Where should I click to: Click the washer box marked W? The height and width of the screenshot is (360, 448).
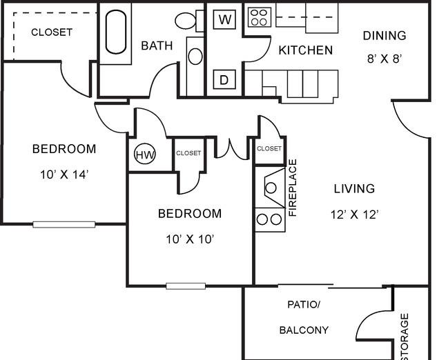coord(224,19)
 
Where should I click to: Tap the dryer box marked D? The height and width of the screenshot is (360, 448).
coord(224,79)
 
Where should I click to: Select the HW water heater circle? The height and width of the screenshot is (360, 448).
coord(145,154)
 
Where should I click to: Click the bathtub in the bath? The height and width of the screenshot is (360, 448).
coord(116,32)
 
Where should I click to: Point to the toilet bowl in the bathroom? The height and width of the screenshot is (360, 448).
coord(185,21)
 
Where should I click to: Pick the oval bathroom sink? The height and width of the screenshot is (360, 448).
coord(195,57)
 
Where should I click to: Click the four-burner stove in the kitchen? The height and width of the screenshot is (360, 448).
coord(260,17)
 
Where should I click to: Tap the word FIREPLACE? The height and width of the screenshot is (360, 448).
coord(293,188)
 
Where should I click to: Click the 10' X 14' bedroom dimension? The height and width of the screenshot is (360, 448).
coord(64,174)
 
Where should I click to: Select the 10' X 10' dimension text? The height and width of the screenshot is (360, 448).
coord(190,239)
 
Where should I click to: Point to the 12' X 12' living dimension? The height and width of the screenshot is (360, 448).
coord(355,214)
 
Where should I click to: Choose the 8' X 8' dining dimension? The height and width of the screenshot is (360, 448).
coord(384,59)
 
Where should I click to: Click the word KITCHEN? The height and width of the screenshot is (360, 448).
coord(306,50)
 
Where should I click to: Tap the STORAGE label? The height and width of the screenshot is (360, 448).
coord(405,337)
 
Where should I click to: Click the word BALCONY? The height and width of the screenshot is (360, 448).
coord(304,330)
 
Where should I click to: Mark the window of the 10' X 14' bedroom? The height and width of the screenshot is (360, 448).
coord(64,224)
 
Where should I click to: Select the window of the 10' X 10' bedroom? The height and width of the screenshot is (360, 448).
coord(186,286)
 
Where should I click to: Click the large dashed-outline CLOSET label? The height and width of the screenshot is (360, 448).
coord(52,32)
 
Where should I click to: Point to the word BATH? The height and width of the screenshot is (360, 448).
coord(157,46)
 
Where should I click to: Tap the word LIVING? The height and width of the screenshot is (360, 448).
coord(354,189)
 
